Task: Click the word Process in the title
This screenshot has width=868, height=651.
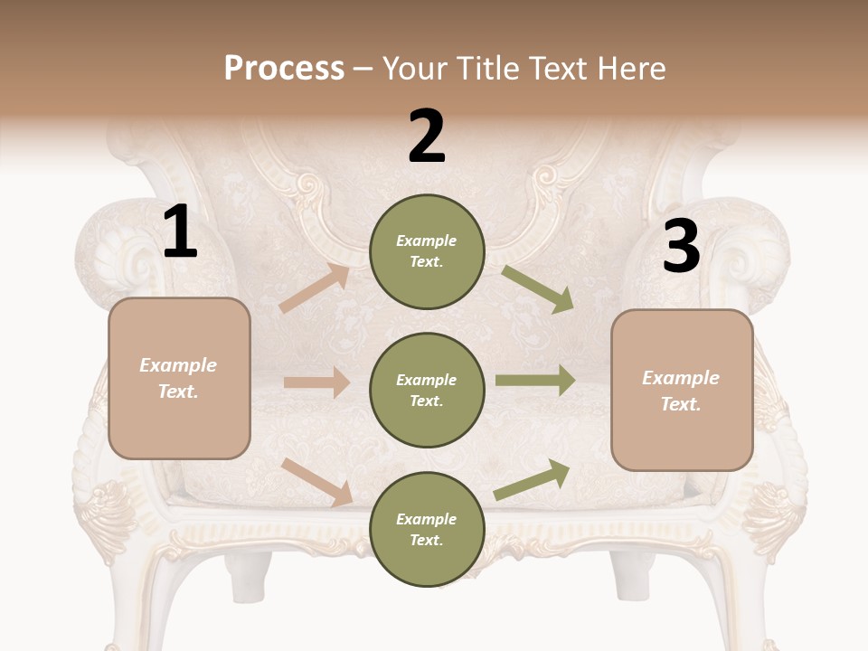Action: click(284, 69)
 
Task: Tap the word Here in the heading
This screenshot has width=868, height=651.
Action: click(629, 69)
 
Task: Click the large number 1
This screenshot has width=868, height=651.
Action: click(180, 232)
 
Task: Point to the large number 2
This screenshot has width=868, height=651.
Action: click(427, 137)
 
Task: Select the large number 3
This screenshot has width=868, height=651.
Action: click(681, 247)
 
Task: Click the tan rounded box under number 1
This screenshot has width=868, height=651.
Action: click(179, 378)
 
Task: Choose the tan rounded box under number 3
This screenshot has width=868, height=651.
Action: click(682, 391)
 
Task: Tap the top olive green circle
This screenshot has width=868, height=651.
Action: click(427, 251)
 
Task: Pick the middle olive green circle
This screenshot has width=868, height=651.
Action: click(427, 391)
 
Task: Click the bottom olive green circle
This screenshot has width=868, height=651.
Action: click(427, 530)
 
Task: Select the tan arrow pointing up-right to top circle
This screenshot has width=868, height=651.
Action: click(314, 288)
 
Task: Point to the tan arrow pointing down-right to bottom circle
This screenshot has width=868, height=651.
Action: click(316, 481)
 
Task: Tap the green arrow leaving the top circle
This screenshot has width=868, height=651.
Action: click(538, 289)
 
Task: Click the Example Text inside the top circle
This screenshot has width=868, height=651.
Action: click(427, 251)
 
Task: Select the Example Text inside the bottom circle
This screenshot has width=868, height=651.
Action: click(427, 530)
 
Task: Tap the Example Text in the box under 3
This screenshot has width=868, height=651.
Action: click(681, 391)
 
